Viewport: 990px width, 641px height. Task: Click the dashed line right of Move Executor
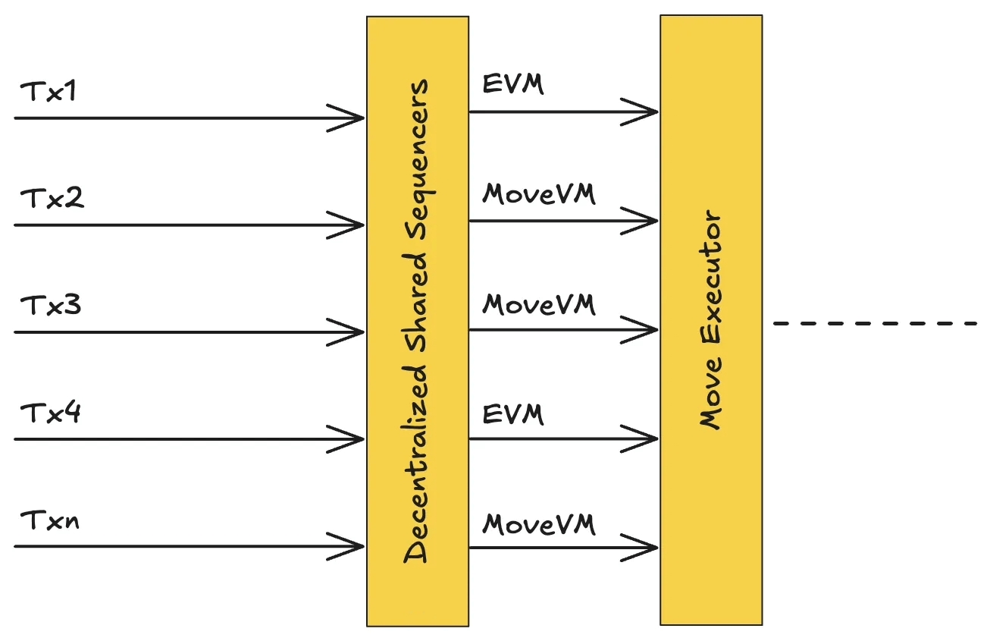[876, 324]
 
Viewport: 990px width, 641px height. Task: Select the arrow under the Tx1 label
[190, 118]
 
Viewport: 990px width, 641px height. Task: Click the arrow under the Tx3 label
[190, 332]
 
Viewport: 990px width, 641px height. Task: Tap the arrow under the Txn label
[190, 546]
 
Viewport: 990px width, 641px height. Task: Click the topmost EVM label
[513, 84]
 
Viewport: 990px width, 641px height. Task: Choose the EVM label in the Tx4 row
[513, 414]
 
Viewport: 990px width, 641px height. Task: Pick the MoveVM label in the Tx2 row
[539, 194]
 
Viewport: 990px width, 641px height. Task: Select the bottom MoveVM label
[539, 524]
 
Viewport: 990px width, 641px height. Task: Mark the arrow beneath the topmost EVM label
[563, 112]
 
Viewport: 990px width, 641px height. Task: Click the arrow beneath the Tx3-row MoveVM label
[563, 330]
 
